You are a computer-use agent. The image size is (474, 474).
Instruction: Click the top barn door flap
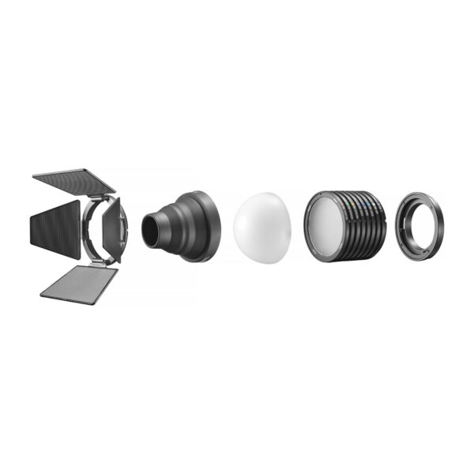[75, 180]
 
